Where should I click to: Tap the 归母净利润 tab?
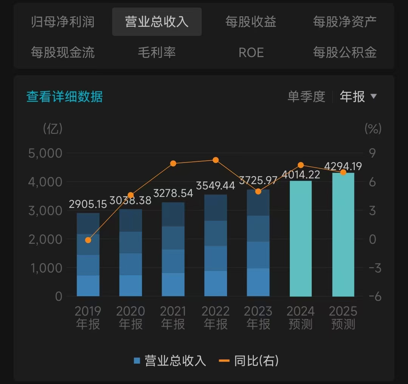pyautogui.click(x=63, y=22)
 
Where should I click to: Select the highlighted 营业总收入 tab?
pyautogui.click(x=157, y=22)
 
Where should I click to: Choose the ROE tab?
pyautogui.click(x=251, y=52)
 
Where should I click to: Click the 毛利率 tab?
pyautogui.click(x=157, y=52)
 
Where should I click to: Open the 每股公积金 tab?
pyautogui.click(x=345, y=52)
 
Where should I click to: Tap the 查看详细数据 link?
pyautogui.click(x=65, y=97)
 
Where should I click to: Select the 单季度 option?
pyautogui.click(x=306, y=97)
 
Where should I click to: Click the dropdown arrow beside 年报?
pyautogui.click(x=374, y=96)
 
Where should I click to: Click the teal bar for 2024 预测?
pyautogui.click(x=301, y=238)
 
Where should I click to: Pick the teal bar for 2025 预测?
pyautogui.click(x=343, y=234)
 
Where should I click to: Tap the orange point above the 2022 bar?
pyautogui.click(x=216, y=160)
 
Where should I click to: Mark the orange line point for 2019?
pyautogui.click(x=88, y=240)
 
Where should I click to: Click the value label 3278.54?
pyautogui.click(x=173, y=193)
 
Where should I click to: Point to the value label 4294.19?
pyautogui.click(x=343, y=166)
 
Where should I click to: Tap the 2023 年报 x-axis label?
pyautogui.click(x=258, y=317)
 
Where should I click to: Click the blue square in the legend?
pyautogui.click(x=137, y=361)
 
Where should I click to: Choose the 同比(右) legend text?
pyautogui.click(x=256, y=361)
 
